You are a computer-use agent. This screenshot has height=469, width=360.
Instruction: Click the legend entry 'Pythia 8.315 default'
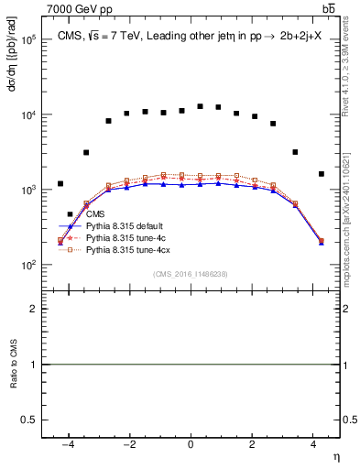123,225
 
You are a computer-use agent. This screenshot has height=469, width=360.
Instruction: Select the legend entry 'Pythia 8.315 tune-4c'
124,237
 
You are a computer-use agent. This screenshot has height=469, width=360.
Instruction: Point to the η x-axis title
334,456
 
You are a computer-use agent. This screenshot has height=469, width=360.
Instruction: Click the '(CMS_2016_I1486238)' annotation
191,274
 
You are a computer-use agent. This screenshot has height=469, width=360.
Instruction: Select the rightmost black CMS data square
322,173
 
